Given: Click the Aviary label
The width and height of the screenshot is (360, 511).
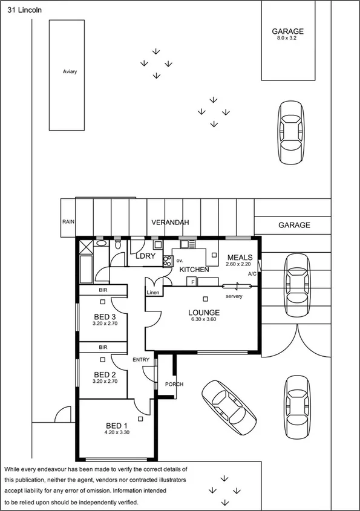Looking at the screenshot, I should point(70,71).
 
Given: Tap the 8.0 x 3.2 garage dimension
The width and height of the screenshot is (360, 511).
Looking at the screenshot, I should point(287,37).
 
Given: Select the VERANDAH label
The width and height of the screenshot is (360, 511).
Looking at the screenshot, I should point(170,223).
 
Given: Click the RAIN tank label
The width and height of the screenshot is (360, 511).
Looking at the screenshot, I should point(67,222).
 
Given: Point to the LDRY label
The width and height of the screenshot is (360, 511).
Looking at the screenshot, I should point(146,256).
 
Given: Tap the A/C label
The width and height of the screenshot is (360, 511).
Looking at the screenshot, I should point(252,274).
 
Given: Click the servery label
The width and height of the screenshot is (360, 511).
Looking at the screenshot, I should point(234,296).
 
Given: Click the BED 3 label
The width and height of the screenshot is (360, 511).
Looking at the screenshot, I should point(105,317).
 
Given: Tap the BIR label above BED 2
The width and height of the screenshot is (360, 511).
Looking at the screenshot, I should point(103,348).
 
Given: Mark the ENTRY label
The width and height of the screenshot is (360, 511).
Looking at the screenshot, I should point(141,360).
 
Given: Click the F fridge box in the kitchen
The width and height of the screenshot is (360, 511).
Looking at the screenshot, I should point(192,281).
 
